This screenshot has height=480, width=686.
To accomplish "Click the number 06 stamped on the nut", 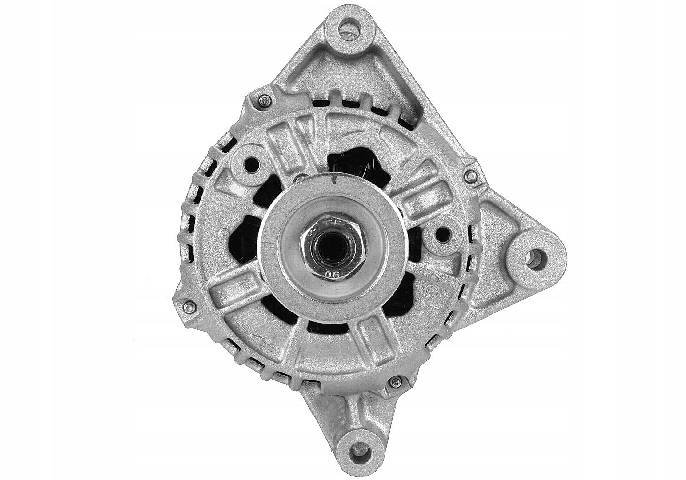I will (333, 274).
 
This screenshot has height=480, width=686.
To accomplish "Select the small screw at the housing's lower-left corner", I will (187, 306).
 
